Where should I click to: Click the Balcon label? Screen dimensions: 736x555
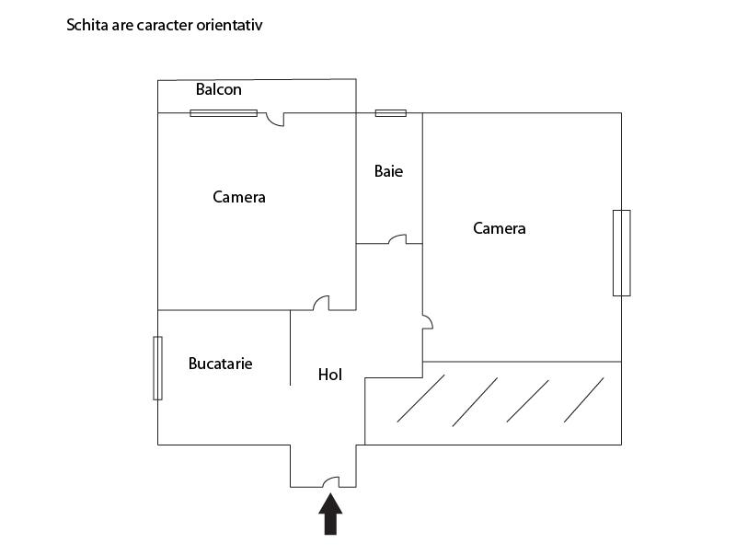click(x=219, y=89)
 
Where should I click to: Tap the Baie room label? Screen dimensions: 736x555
click(x=388, y=171)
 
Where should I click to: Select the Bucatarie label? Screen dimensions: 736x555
click(x=220, y=364)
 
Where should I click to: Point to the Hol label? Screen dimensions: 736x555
click(x=330, y=375)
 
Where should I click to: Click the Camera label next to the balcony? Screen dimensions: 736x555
click(x=239, y=197)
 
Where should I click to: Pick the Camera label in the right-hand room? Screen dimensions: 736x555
click(x=499, y=228)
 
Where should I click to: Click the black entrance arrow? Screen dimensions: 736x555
click(x=330, y=514)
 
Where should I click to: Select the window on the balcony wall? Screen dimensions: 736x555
click(x=224, y=112)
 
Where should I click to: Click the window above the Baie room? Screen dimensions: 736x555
click(x=390, y=112)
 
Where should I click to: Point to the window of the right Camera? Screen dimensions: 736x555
click(x=622, y=253)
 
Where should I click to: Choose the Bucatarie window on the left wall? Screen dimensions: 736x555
click(x=157, y=368)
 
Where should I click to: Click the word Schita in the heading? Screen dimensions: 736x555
click(x=87, y=25)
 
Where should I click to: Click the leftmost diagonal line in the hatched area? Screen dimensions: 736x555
click(x=415, y=399)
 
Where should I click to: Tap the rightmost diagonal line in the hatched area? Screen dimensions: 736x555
click(x=583, y=400)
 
